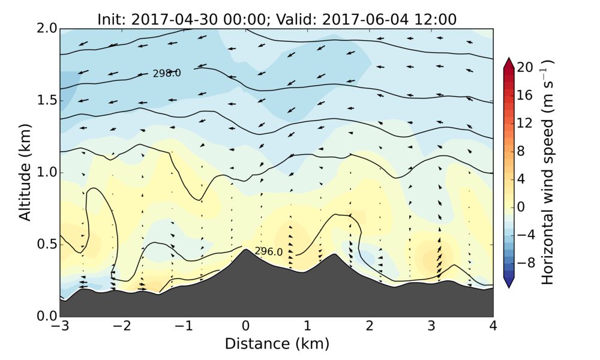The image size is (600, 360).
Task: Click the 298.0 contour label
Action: pyautogui.click(x=167, y=73)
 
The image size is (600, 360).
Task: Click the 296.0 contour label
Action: pyautogui.click(x=268, y=251)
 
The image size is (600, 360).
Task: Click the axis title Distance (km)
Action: pyautogui.click(x=277, y=344)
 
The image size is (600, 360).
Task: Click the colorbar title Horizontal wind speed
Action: pyautogui.click(x=547, y=172)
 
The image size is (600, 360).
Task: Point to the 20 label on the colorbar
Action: pyautogui.click(x=526, y=68)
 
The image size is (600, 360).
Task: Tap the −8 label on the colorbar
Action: pyautogui.click(x=526, y=262)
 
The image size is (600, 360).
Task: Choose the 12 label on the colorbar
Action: pyautogui.click(x=526, y=124)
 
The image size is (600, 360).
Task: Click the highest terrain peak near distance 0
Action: pyautogui.click(x=245, y=250)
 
